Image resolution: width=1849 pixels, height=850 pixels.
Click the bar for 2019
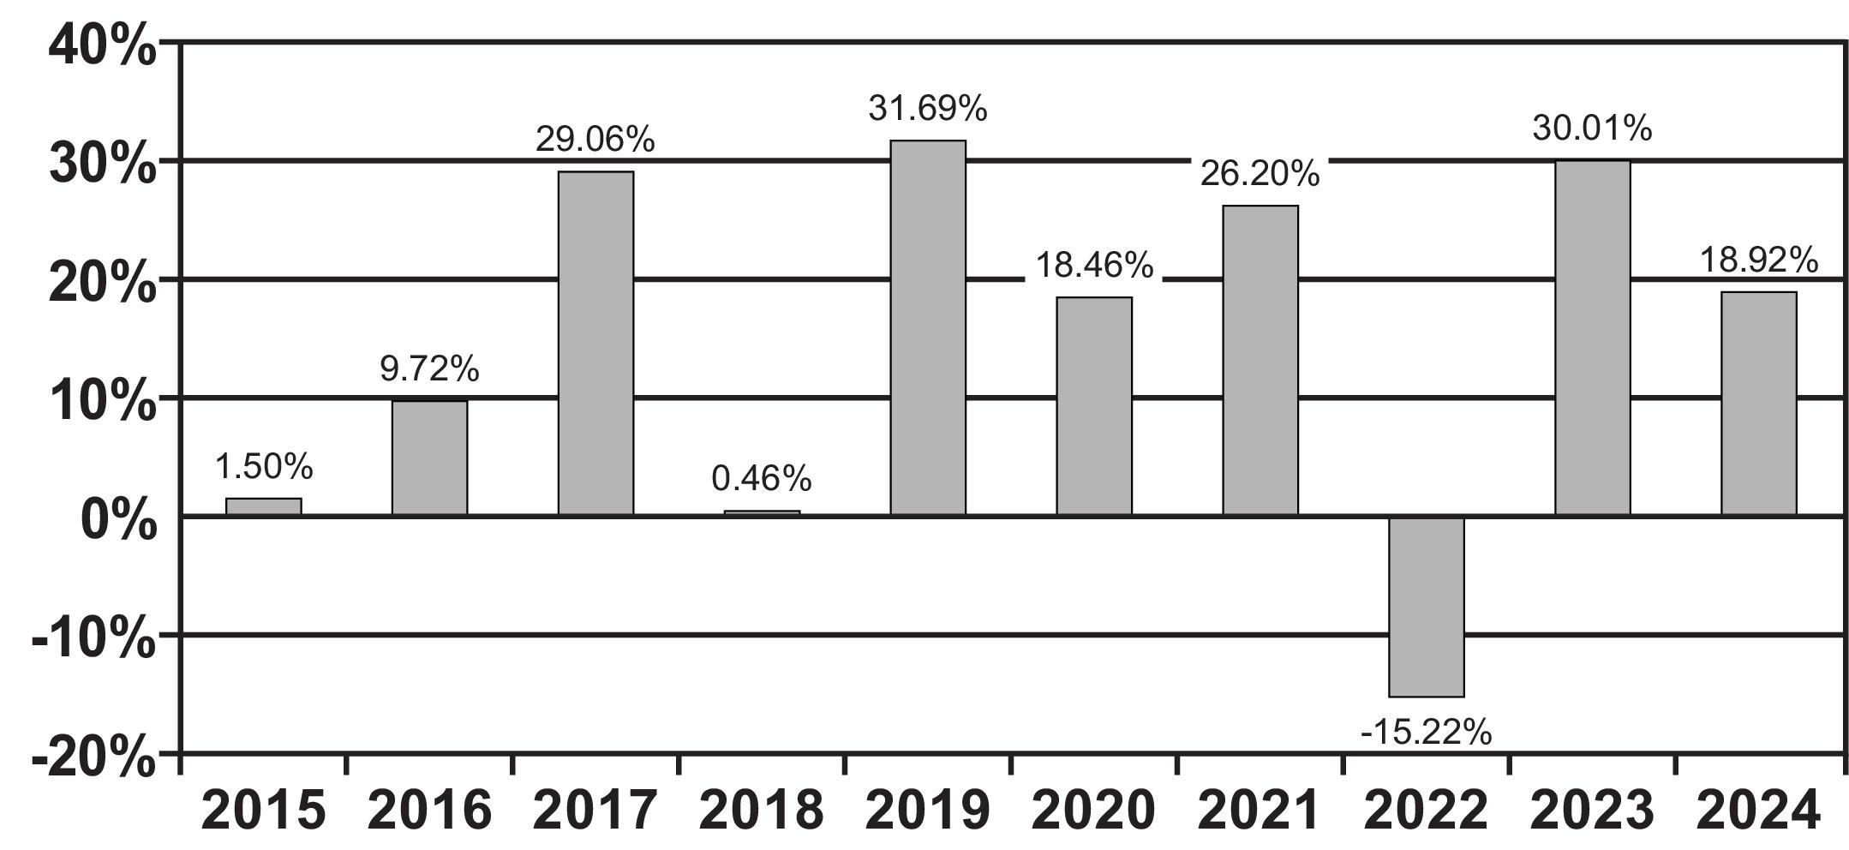point(928,327)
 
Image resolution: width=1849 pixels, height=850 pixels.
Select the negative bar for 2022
point(1427,607)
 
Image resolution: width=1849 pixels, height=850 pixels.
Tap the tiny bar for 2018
point(762,513)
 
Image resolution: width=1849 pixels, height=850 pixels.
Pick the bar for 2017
point(595,343)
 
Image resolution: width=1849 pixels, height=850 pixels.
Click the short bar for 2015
point(264,506)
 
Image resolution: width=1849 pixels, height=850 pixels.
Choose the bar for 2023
point(1593,338)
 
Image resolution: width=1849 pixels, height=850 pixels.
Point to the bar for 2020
point(1094,406)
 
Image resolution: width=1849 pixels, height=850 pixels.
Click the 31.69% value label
point(928,109)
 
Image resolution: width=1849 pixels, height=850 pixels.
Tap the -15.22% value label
point(1427,733)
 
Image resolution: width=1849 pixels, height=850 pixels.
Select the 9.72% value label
point(429,369)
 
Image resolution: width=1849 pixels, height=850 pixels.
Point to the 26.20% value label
point(1260,174)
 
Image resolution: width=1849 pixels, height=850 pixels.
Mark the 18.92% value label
point(1758,260)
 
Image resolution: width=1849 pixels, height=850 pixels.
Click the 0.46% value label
point(762,479)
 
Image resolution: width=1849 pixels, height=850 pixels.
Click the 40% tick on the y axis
point(103,45)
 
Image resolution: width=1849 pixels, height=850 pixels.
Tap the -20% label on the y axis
point(94,757)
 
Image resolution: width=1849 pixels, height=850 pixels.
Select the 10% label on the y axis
point(103,401)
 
